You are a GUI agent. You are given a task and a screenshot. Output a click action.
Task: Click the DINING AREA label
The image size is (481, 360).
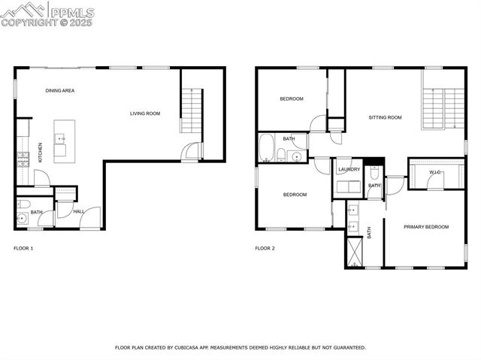pos(60,90)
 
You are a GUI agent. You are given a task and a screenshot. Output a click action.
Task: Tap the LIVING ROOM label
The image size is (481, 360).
pos(145,113)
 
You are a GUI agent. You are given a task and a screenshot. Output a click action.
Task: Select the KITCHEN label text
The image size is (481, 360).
pos(40,153)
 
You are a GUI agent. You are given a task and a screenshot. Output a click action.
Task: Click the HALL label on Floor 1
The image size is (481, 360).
pos(78,211)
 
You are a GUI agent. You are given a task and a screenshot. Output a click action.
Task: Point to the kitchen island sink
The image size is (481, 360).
pos(59,138)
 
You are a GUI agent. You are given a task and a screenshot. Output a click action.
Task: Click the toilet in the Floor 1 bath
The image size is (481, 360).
pos(23,204)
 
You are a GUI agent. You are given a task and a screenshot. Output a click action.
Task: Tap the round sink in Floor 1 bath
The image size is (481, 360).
pos(22,219)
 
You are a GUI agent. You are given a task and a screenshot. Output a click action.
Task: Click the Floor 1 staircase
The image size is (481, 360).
pos(191,110)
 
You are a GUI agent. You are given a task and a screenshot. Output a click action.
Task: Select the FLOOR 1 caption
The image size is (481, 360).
pos(23,248)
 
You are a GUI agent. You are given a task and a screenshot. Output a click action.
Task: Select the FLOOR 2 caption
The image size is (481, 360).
pos(265,248)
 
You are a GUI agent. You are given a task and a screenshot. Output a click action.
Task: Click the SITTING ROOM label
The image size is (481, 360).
pos(385,117)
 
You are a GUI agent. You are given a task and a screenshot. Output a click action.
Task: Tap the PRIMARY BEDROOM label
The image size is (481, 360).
pos(426,227)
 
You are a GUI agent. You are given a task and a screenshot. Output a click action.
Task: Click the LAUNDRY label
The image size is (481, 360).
pos(349,169)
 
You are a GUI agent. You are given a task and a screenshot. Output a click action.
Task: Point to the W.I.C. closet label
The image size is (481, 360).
pos(434,172)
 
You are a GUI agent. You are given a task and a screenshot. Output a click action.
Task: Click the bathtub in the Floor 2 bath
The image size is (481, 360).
pos(266,147)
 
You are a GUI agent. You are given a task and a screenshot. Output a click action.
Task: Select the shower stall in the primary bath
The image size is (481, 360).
pos(355,252)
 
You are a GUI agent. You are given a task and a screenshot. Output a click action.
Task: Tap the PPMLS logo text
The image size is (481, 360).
pos(73,13)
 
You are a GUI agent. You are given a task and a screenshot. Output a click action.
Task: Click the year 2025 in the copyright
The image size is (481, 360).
pos(81,23)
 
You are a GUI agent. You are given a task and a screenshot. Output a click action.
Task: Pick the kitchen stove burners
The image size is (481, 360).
pos(23,159)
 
